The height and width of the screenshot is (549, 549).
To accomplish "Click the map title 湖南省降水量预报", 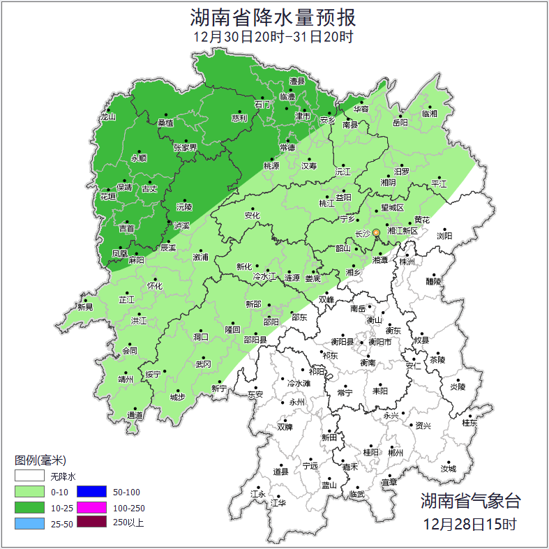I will (x=273, y=17).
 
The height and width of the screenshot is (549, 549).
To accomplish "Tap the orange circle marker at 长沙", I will (x=376, y=232).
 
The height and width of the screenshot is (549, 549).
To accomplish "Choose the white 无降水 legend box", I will (x=28, y=477).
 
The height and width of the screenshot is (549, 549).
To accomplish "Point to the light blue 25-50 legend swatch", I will (x=28, y=522).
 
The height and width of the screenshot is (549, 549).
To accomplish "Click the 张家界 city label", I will (x=186, y=147).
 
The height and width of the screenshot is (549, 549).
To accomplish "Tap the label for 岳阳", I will (x=400, y=123).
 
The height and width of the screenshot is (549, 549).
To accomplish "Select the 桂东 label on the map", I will (x=469, y=423).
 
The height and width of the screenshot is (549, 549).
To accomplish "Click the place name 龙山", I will (x=107, y=117).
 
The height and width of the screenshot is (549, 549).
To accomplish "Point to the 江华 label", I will (x=278, y=502).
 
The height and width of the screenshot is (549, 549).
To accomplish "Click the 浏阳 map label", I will (x=444, y=236).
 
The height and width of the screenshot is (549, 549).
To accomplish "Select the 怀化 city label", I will (x=154, y=285).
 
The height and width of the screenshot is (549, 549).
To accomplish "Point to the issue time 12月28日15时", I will (x=470, y=523).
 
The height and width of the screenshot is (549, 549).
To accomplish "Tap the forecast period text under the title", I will (x=273, y=37).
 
